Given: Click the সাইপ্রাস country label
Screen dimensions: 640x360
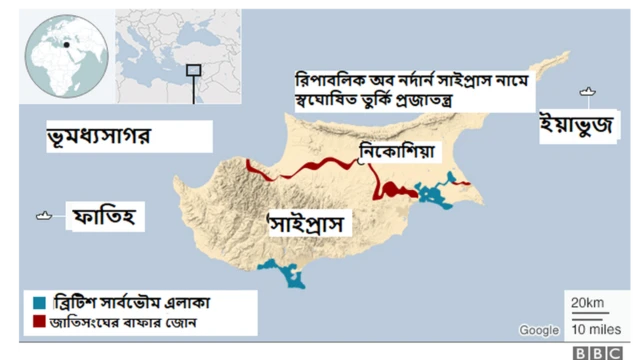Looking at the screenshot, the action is (310, 223).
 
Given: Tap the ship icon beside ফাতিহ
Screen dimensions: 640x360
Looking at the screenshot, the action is (45, 214).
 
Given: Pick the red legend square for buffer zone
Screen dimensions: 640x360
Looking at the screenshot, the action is (38, 323).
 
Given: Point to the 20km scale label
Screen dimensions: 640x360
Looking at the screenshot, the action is (587, 303).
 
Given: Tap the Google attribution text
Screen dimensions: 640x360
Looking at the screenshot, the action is (539, 330).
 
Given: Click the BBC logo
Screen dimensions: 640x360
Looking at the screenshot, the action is (596, 351).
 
